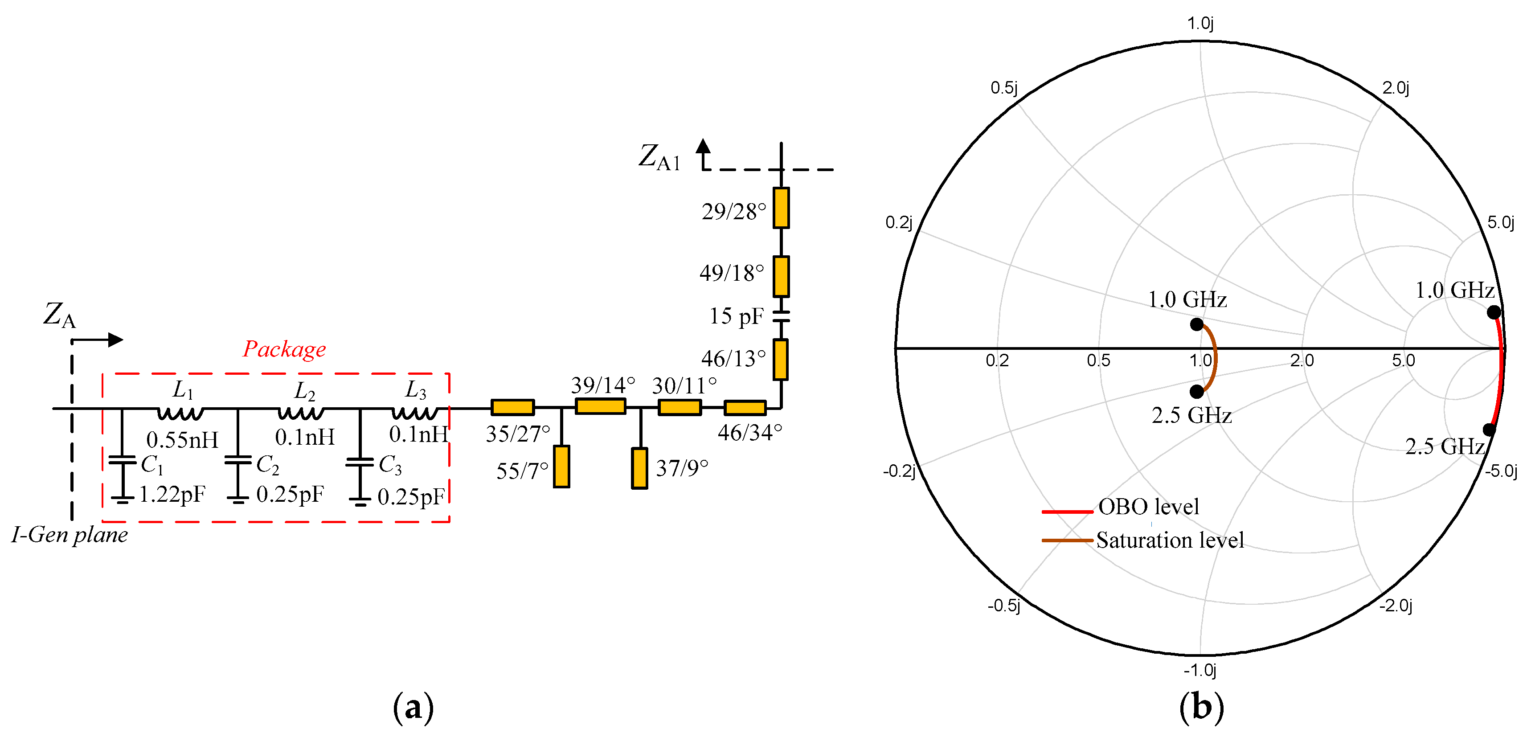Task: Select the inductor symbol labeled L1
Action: tap(181, 412)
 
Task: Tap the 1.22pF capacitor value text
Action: tap(172, 494)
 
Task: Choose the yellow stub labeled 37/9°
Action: tap(639, 468)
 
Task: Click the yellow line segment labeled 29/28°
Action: tap(781, 208)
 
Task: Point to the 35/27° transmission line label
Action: tap(517, 434)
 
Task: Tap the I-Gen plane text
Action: tap(70, 535)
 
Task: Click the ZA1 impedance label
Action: tap(659, 158)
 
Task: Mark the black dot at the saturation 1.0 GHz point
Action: tap(1196, 324)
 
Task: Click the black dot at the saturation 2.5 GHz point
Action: tap(1196, 391)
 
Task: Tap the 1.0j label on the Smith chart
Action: tap(1200, 24)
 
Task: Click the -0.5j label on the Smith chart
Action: tap(1003, 606)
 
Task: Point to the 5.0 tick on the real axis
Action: tap(1403, 360)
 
